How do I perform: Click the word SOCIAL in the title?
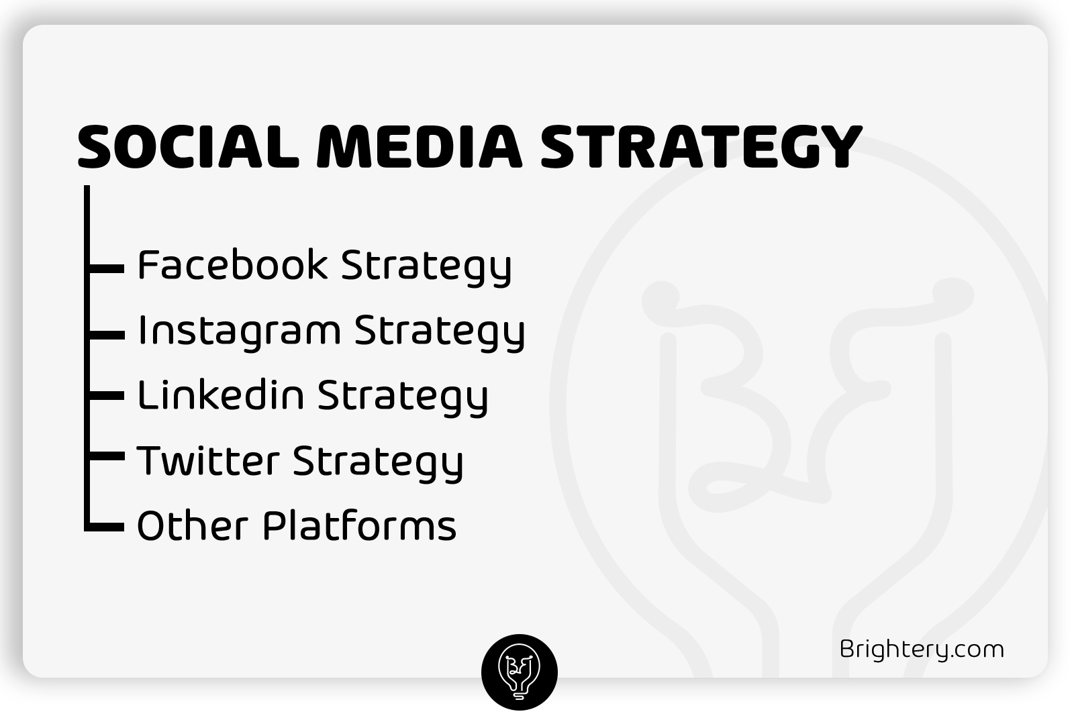(x=189, y=146)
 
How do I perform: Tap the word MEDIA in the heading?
(x=419, y=146)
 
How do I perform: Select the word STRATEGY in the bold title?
(x=701, y=146)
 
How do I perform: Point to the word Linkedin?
(x=221, y=395)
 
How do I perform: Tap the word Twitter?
(x=208, y=460)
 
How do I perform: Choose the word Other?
(x=192, y=525)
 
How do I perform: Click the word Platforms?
(x=360, y=525)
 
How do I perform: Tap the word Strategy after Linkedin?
(x=403, y=398)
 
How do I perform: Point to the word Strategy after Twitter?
(x=379, y=464)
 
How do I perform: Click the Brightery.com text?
(x=922, y=650)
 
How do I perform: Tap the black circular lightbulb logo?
(x=520, y=672)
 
